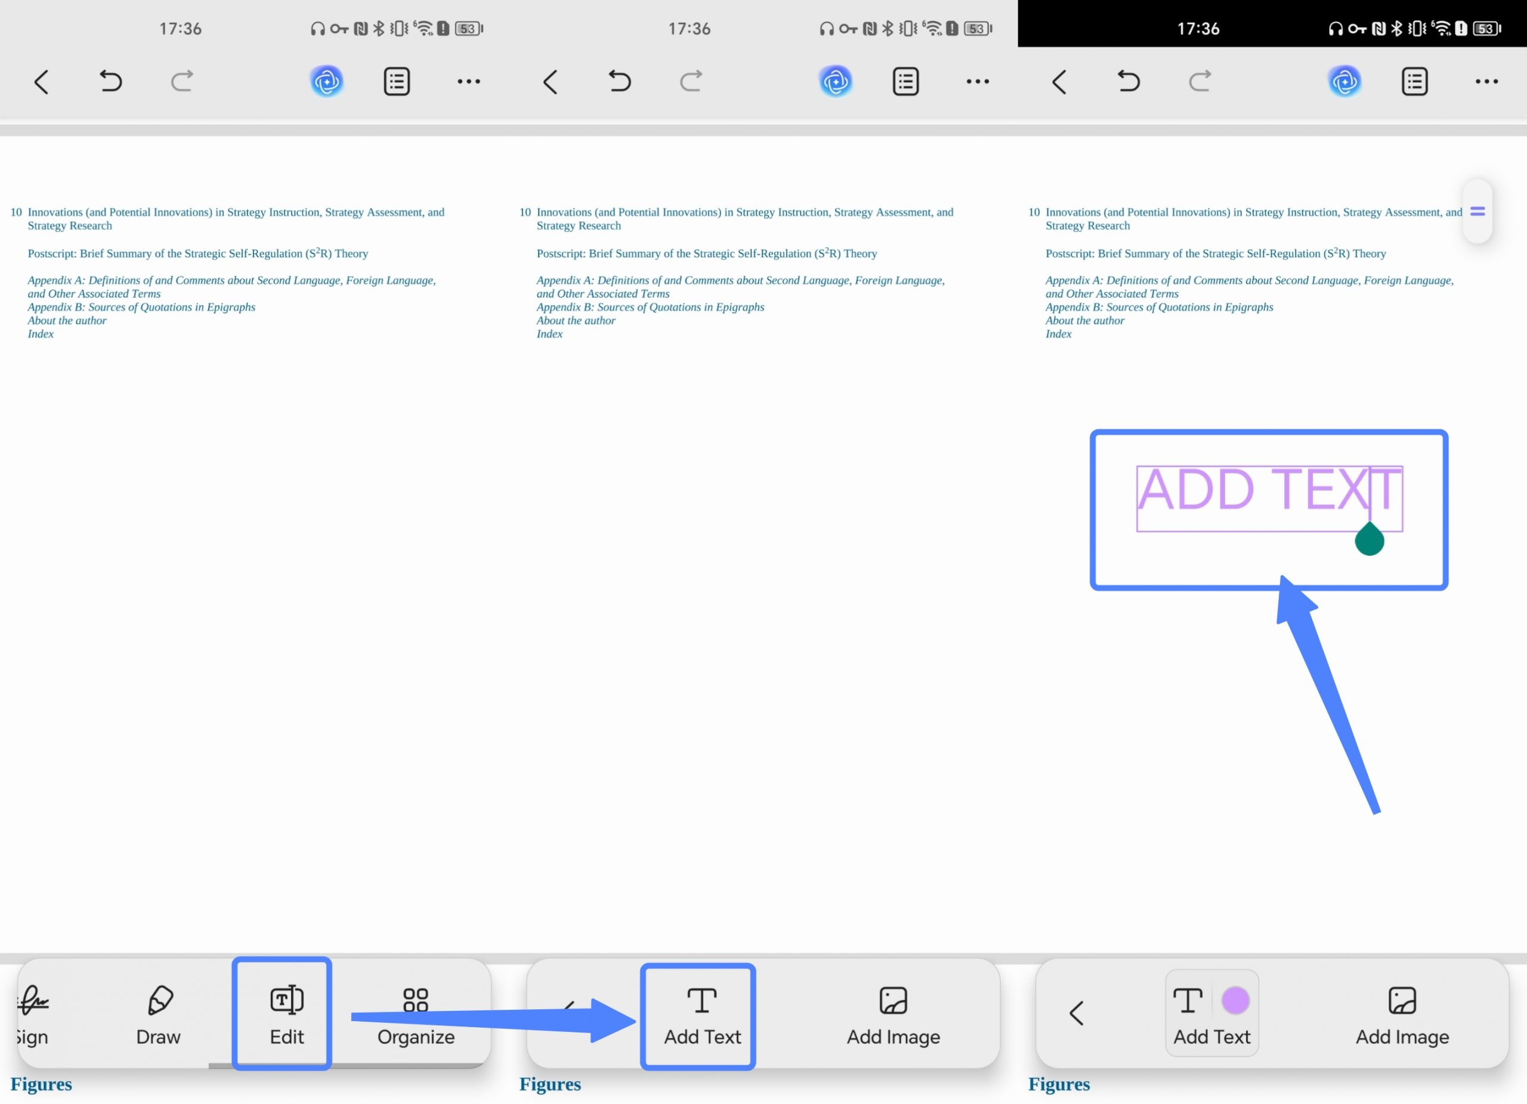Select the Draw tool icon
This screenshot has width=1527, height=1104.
click(x=160, y=1000)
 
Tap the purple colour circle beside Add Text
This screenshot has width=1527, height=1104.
click(x=1235, y=1000)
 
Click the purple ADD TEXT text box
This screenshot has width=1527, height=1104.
click(x=1269, y=498)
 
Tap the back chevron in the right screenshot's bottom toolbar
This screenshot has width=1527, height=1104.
click(x=1076, y=1013)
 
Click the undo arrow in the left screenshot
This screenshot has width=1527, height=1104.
click(x=110, y=82)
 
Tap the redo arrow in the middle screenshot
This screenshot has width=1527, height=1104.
click(x=691, y=82)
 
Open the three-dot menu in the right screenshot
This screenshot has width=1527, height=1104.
click(x=1486, y=82)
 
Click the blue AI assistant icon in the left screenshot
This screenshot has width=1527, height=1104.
click(x=326, y=82)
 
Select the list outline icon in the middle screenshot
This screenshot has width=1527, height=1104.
click(x=905, y=82)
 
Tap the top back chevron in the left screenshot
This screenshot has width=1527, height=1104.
click(x=41, y=82)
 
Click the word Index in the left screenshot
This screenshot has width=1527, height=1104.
click(x=41, y=334)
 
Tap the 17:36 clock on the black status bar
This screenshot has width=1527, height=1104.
click(x=1198, y=28)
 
